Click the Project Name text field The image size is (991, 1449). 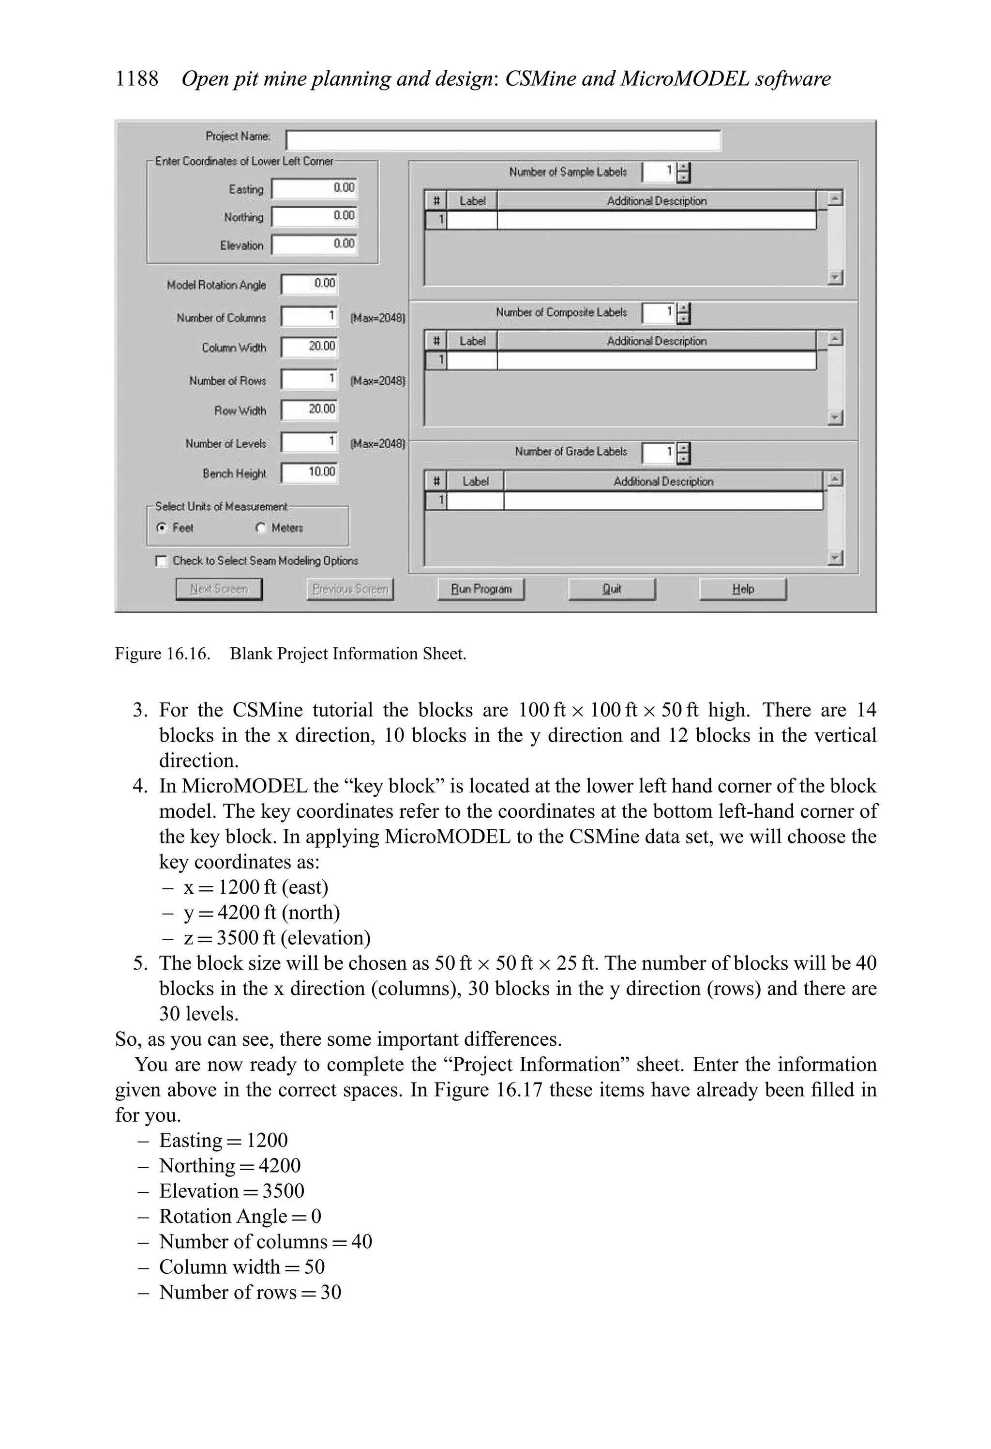[502, 140]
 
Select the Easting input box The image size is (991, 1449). [314, 188]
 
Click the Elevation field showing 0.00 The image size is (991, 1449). [314, 244]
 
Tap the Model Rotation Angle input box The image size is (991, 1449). [309, 284]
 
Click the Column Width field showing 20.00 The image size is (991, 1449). [309, 347]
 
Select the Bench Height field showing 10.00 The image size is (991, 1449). [309, 473]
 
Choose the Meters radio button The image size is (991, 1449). [260, 528]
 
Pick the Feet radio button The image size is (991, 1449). [162, 528]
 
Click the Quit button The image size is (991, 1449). [612, 589]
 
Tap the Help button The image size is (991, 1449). [742, 589]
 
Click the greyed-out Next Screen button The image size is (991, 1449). [219, 589]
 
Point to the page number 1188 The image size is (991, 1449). [137, 79]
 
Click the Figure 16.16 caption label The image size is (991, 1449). [162, 654]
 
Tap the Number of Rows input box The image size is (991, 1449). [309, 379]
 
